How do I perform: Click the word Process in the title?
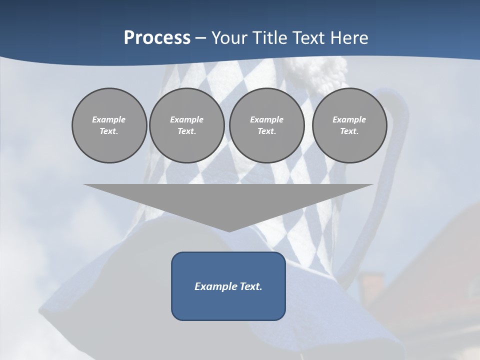[157, 38]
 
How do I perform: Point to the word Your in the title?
[228, 38]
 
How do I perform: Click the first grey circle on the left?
[109, 125]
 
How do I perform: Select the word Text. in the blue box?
[251, 286]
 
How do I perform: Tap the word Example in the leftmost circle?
[109, 119]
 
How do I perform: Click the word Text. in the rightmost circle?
[349, 131]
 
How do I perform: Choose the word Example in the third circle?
[266, 119]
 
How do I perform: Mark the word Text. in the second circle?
[187, 131]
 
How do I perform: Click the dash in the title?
[200, 38]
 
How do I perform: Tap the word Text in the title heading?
[310, 38]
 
